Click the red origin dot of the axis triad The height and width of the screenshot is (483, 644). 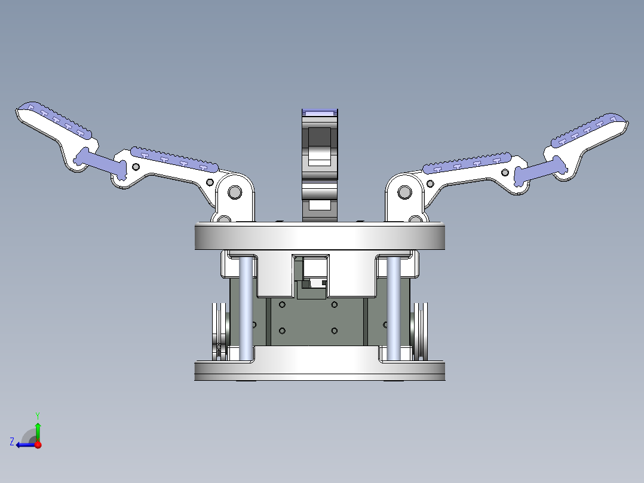point(38,445)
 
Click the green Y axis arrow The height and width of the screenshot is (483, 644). point(38,429)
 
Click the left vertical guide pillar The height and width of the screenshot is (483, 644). point(246,308)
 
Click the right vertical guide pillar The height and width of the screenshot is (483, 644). point(393,308)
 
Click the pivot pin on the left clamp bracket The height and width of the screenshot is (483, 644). point(234,192)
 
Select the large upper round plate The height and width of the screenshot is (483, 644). point(320,236)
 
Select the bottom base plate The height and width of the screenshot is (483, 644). point(320,370)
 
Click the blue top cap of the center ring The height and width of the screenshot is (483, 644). point(320,112)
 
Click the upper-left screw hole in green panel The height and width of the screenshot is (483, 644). point(282,305)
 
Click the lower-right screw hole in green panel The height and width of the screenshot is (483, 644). point(334,331)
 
